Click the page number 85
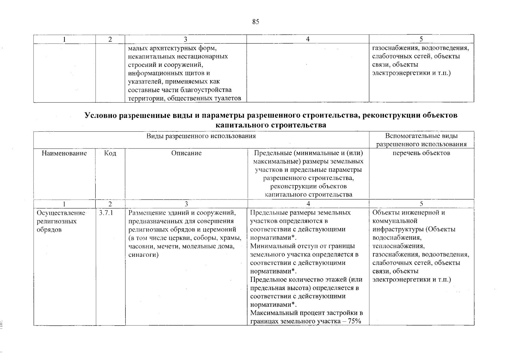point(256,22)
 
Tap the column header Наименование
point(64,153)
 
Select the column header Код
point(110,153)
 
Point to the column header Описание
point(186,153)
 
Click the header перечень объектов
point(421,153)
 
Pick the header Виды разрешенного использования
point(201,136)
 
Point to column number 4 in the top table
point(308,39)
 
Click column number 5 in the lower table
point(421,204)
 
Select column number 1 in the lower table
point(64,204)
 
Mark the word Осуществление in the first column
point(61,213)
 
